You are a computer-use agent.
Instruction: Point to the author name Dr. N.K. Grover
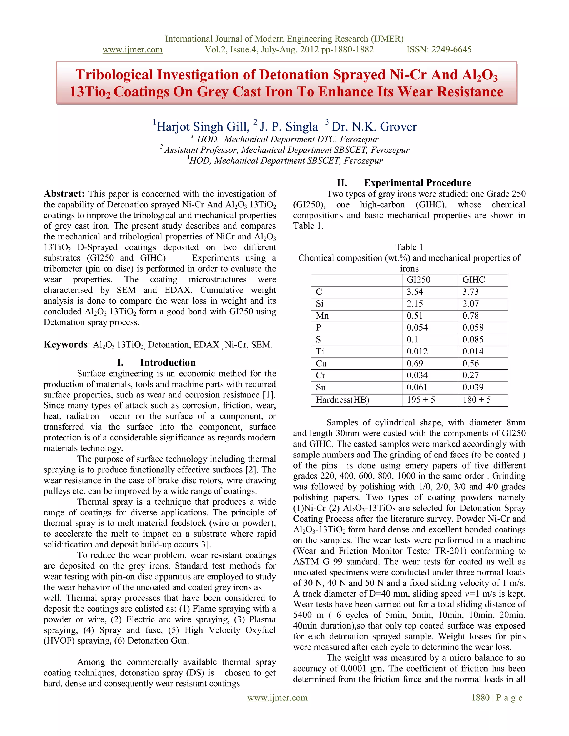(x=374, y=127)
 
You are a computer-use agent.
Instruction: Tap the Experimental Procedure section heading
(x=417, y=183)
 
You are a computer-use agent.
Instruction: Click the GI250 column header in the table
(x=418, y=280)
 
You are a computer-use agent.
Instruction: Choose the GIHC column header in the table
(x=473, y=280)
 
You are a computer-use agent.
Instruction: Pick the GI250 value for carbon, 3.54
(x=415, y=292)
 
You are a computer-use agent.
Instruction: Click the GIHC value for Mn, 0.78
(x=471, y=316)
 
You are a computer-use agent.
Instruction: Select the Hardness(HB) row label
(x=342, y=400)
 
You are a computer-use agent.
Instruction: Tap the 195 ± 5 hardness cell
(x=421, y=400)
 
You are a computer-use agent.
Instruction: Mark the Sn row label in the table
(x=321, y=387)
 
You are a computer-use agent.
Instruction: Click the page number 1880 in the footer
(x=480, y=698)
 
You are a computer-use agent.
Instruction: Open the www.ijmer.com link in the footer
(x=278, y=698)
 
